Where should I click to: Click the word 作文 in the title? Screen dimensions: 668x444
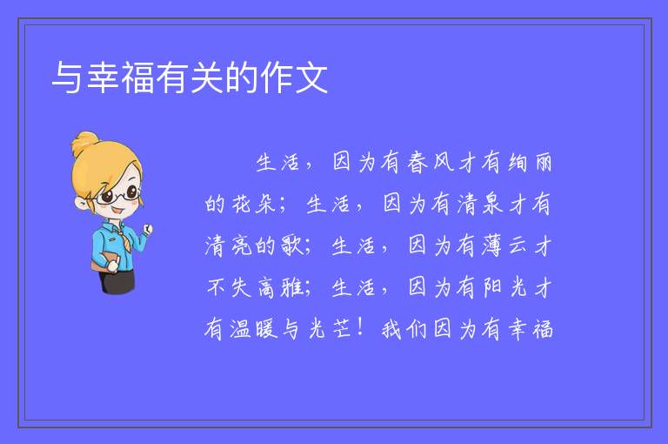pyautogui.click(x=294, y=77)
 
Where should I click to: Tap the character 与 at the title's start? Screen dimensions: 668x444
pyautogui.click(x=67, y=77)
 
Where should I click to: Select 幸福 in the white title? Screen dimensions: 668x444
pyautogui.click(x=120, y=77)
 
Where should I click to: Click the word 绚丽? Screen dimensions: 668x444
pyautogui.click(x=531, y=163)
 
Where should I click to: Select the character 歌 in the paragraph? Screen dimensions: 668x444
pyautogui.click(x=292, y=246)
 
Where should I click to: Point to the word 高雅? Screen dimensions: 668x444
pyautogui.click(x=280, y=287)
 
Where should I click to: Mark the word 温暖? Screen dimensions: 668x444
pyautogui.click(x=254, y=329)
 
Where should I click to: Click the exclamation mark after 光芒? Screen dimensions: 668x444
pyautogui.click(x=361, y=327)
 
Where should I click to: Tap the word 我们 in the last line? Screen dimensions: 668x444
pyautogui.click(x=404, y=329)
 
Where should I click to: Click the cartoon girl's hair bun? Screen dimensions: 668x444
pyautogui.click(x=85, y=143)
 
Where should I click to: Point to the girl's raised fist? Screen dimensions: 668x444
pyautogui.click(x=148, y=229)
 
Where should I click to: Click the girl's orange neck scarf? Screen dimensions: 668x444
pyautogui.click(x=124, y=238)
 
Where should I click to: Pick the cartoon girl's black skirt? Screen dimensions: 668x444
pyautogui.click(x=117, y=281)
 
